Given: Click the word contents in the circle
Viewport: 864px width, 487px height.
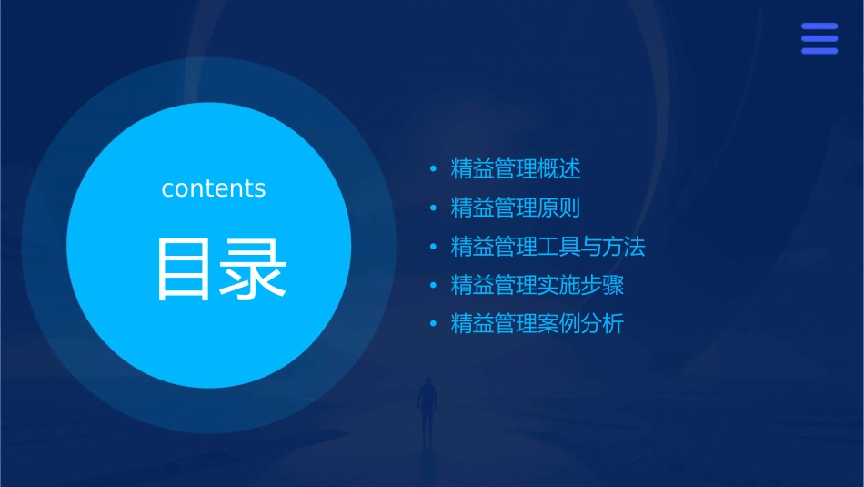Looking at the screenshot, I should (x=214, y=188).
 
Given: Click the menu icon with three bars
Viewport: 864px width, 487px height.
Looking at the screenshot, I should (x=819, y=38).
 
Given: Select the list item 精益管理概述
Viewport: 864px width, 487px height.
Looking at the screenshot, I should (x=516, y=169).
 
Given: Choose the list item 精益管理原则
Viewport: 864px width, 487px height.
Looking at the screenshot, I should (x=516, y=208).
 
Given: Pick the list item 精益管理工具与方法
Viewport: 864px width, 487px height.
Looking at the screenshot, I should (x=548, y=247).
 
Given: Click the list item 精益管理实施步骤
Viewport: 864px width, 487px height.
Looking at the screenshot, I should (x=537, y=285).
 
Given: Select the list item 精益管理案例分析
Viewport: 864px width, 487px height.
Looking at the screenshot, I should (x=537, y=324).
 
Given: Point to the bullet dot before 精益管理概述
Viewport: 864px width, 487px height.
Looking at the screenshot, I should (x=433, y=169).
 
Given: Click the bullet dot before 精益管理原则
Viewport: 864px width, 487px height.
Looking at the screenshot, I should (x=433, y=208).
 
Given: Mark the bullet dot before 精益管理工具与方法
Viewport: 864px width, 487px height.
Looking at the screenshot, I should (x=433, y=247).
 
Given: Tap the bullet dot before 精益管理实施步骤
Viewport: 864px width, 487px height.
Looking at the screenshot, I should (x=433, y=285).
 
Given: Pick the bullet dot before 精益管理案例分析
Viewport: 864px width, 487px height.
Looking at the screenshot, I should (x=433, y=324).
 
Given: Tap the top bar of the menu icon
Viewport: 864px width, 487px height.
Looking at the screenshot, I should (x=819, y=26).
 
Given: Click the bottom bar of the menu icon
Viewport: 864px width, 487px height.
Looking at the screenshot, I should (x=819, y=51).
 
